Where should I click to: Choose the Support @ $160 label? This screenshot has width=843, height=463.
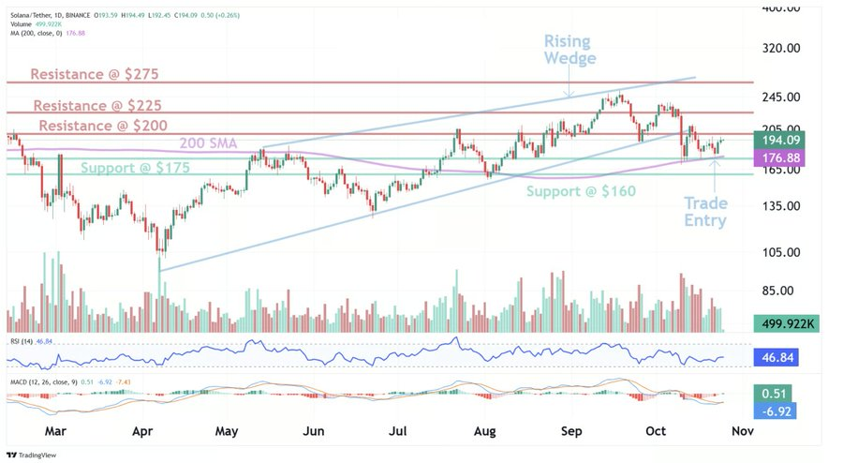tap(581, 191)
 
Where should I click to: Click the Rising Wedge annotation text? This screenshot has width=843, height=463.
tap(570, 50)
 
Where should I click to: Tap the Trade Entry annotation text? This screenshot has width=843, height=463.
tap(705, 212)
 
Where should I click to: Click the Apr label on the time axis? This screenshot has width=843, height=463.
tap(142, 431)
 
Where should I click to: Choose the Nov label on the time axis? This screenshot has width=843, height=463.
tap(741, 431)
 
